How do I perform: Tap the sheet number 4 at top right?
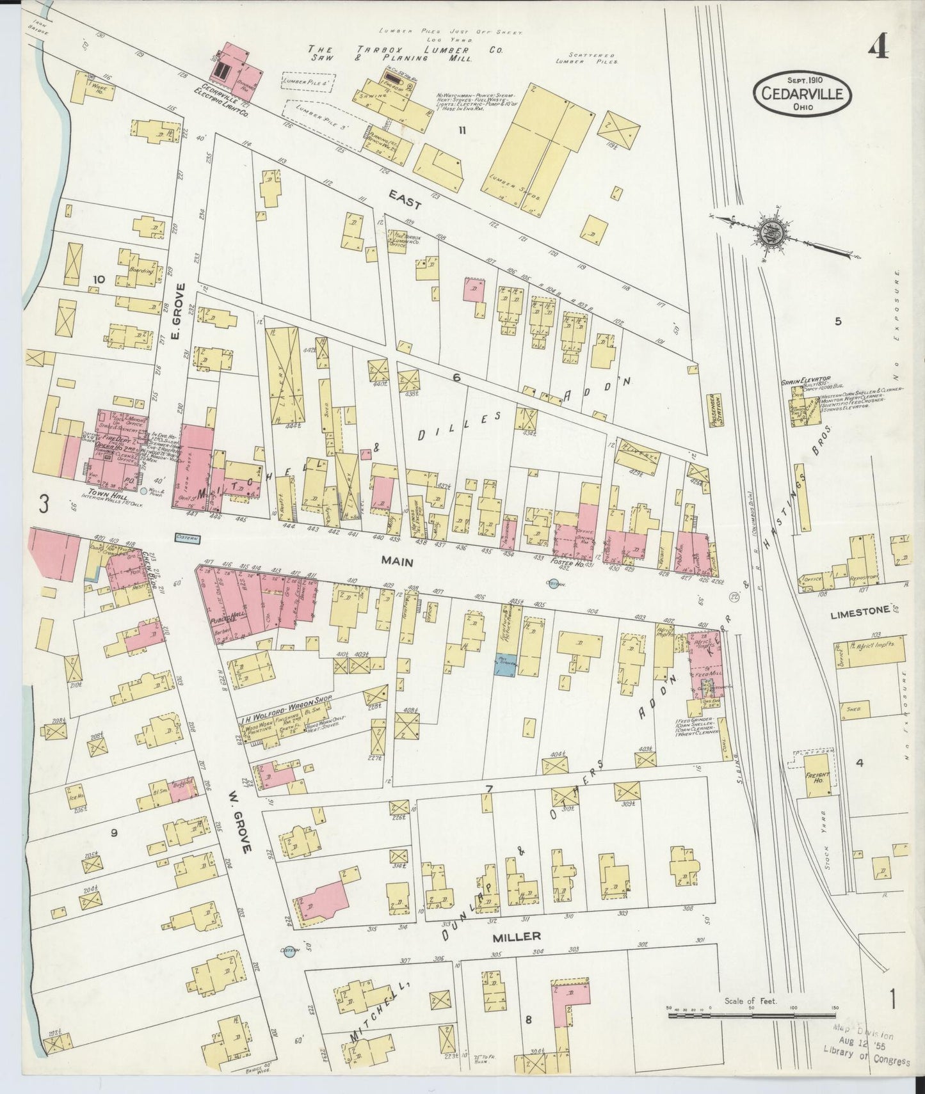pyautogui.click(x=879, y=46)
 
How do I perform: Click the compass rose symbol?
pyautogui.click(x=768, y=234)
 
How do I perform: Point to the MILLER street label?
pyautogui.click(x=517, y=936)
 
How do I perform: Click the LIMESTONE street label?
pyautogui.click(x=859, y=611)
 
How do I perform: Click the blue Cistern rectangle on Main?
pyautogui.click(x=188, y=539)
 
